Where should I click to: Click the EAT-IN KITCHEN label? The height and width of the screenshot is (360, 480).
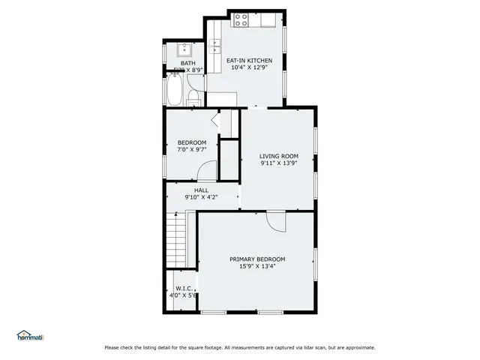tap(249, 61)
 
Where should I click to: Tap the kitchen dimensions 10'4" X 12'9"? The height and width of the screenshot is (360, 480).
tap(249, 68)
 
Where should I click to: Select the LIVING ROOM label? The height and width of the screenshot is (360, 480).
tap(279, 156)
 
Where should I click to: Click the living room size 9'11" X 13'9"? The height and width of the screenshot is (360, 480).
tap(279, 163)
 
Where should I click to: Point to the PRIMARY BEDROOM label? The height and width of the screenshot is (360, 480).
tap(257, 259)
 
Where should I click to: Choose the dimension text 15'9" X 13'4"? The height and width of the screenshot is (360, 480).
tap(257, 266)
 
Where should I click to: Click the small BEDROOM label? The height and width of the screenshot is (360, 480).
tap(191, 142)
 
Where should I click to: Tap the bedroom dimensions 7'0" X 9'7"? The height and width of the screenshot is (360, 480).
tap(191, 150)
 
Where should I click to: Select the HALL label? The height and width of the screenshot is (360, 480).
tap(201, 190)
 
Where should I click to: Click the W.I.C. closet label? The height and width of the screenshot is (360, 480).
tap(183, 288)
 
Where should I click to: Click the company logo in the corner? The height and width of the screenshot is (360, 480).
tap(30, 335)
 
